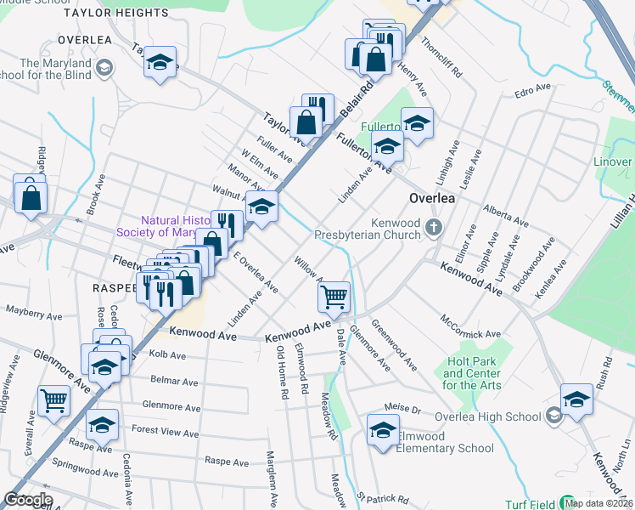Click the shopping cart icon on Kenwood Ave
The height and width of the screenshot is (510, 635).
point(334,297)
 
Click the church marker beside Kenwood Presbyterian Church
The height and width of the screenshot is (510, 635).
point(435,226)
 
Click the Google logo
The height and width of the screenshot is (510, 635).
point(28,500)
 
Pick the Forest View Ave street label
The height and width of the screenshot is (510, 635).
point(165,432)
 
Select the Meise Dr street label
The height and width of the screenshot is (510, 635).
point(402,408)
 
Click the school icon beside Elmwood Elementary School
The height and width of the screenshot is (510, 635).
point(383,430)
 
